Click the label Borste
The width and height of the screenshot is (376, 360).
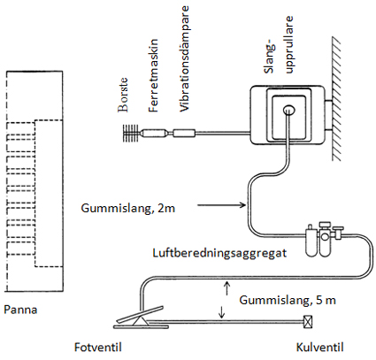pyautogui.click(x=123, y=95)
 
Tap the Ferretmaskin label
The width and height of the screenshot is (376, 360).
pyautogui.click(x=153, y=75)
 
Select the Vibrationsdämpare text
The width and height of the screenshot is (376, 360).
pyautogui.click(x=184, y=58)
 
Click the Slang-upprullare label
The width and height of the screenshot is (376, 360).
pyautogui.click(x=280, y=44)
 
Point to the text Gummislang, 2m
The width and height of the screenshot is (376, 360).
pyautogui.click(x=128, y=209)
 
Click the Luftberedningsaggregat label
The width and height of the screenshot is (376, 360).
pyautogui.click(x=219, y=253)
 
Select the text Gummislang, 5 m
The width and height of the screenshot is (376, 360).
pyautogui.click(x=288, y=300)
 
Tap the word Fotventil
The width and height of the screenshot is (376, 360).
pyautogui.click(x=98, y=347)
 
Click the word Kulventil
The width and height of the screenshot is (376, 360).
pyautogui.click(x=320, y=347)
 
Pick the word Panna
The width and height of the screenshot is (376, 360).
pyautogui.click(x=20, y=310)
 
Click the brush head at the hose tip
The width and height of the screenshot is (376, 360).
pyautogui.click(x=131, y=134)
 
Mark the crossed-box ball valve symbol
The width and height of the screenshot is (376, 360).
pyautogui.click(x=308, y=322)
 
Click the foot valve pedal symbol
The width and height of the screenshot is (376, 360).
pyautogui.click(x=141, y=318)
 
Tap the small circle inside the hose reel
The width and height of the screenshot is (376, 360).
pyautogui.click(x=288, y=110)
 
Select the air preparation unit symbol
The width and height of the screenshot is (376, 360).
pyautogui.click(x=325, y=238)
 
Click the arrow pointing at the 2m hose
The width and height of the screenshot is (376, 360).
pyautogui.click(x=221, y=204)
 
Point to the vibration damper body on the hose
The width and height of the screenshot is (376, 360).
pyautogui.click(x=184, y=134)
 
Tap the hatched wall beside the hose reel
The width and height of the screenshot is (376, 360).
pyautogui.click(x=337, y=99)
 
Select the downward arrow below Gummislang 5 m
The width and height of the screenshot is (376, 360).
pyautogui.click(x=221, y=312)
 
